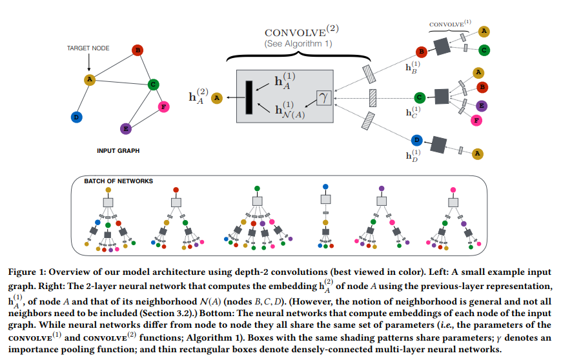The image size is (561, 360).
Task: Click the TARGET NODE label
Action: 88,48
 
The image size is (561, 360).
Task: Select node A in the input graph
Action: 90,79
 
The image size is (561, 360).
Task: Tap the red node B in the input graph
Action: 137,50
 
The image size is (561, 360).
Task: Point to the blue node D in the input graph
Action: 76,117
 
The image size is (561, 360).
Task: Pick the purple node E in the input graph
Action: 126,128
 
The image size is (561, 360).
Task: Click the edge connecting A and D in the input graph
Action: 83,98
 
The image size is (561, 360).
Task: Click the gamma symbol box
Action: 324,97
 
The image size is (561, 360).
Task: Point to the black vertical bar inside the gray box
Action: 249,97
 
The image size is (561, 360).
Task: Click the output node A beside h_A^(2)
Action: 218,97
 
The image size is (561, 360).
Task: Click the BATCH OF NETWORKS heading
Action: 119,181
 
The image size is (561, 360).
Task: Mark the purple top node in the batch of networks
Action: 382,188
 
